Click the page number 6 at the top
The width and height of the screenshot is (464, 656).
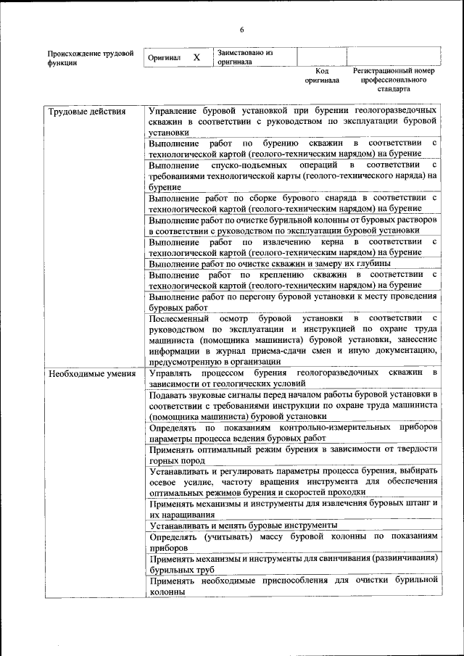click(x=242, y=29)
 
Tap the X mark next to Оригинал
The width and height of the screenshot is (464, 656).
click(x=196, y=57)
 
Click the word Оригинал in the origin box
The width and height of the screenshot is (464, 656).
click(x=164, y=57)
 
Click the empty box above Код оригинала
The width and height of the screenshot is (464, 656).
click(x=322, y=57)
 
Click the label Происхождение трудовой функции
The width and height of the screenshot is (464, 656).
click(x=90, y=58)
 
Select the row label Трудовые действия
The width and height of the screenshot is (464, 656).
click(x=87, y=112)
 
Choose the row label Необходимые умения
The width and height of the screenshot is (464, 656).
click(x=91, y=373)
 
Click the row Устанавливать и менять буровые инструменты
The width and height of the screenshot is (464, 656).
click(x=244, y=525)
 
